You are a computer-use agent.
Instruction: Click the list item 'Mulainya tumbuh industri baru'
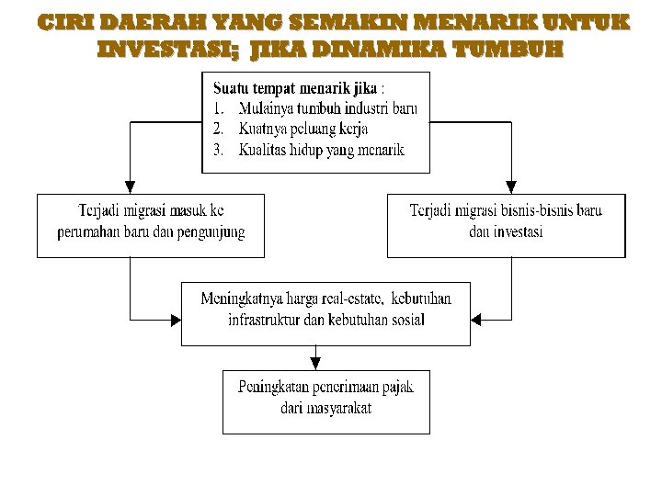[x=326, y=109]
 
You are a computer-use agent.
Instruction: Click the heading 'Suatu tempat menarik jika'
[x=295, y=89]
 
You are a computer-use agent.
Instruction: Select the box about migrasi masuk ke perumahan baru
[x=151, y=224]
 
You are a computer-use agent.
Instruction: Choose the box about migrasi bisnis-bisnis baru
[x=506, y=224]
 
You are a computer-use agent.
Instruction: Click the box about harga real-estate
[x=325, y=312]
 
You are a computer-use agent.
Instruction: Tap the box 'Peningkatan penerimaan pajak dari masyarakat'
[x=326, y=400]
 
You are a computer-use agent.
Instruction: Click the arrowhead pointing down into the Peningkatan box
[x=316, y=362]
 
